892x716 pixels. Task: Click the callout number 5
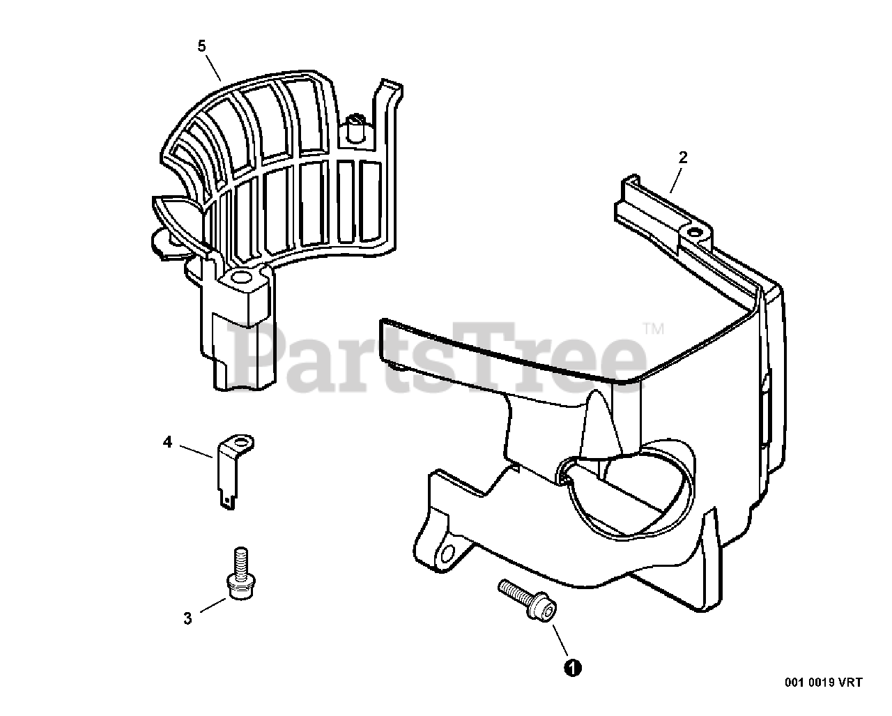(x=201, y=46)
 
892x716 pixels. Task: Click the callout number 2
(x=683, y=158)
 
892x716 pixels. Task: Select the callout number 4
(x=167, y=442)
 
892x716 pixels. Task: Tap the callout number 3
(x=187, y=618)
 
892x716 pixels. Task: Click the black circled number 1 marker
(x=572, y=667)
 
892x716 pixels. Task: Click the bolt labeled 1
(x=528, y=600)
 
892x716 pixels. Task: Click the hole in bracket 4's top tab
(x=242, y=441)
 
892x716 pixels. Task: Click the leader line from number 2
(x=674, y=178)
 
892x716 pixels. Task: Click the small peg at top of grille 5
(x=355, y=125)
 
